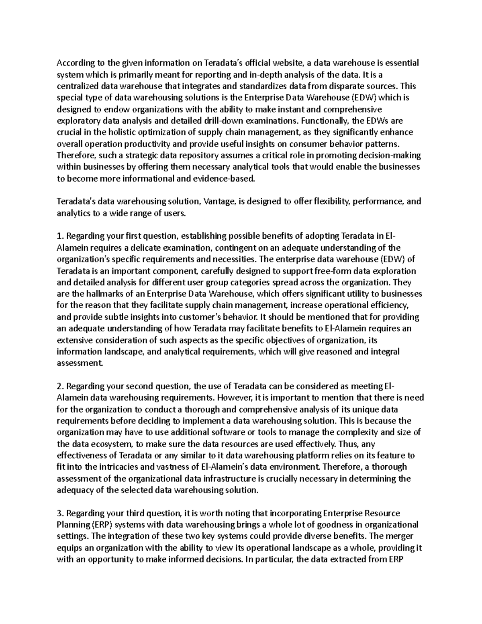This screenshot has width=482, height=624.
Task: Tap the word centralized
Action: tap(78, 86)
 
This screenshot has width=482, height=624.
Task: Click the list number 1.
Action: tap(59, 236)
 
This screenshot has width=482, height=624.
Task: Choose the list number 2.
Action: tap(59, 386)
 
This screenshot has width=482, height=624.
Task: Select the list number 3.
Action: tap(59, 513)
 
